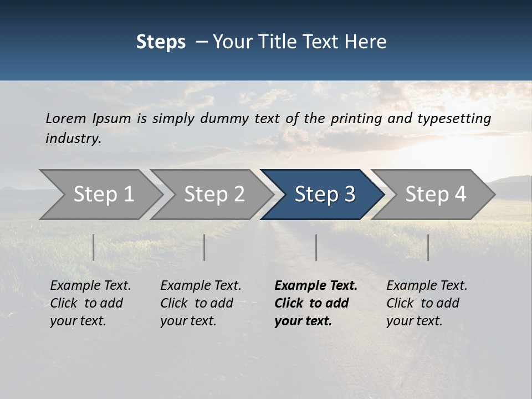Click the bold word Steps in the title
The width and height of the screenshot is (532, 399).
[161, 42]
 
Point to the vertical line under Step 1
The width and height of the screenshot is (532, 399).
[94, 247]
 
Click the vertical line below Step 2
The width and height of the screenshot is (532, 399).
[204, 247]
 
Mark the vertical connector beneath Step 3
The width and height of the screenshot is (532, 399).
[316, 247]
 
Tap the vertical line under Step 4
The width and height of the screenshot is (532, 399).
[428, 247]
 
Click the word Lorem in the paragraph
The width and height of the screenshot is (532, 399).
[66, 118]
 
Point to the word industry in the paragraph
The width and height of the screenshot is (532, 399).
[73, 139]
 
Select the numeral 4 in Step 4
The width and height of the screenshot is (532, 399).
[459, 195]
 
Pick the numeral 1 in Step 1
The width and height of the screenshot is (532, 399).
[128, 195]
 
